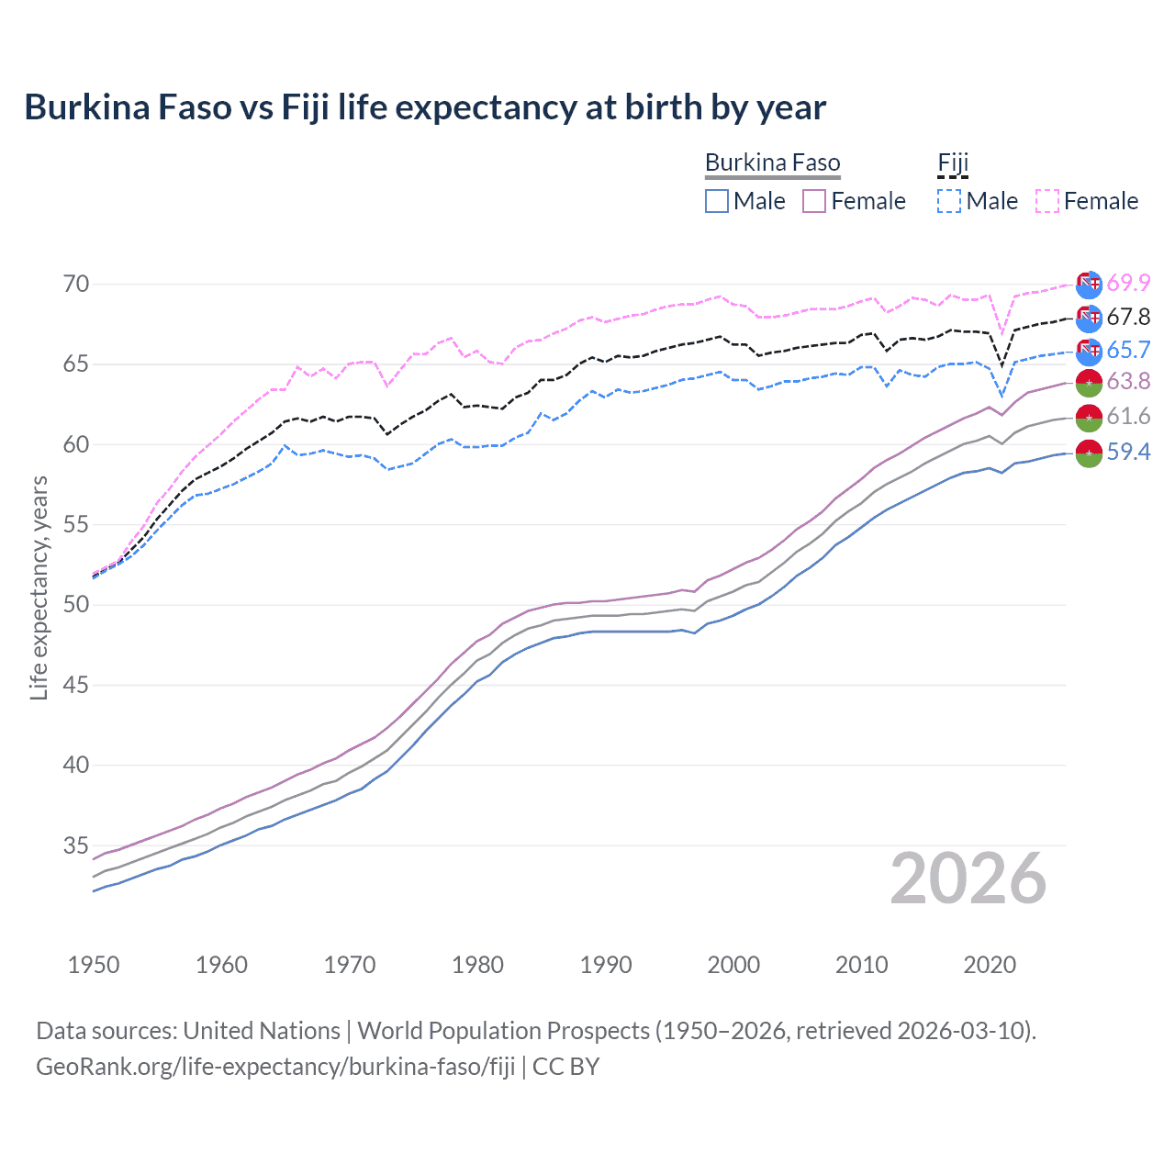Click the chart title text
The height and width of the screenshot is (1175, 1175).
[425, 106]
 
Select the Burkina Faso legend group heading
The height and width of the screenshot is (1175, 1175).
[772, 162]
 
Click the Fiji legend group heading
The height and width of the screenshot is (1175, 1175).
[953, 162]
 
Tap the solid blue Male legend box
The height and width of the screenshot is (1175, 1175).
[717, 201]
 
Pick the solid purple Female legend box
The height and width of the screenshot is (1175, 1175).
[814, 201]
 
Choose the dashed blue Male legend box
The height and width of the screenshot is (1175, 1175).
[949, 201]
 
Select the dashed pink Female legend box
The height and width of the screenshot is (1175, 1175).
[1047, 201]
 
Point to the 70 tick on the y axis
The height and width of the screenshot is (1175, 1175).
[76, 284]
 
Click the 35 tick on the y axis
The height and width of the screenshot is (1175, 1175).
[76, 845]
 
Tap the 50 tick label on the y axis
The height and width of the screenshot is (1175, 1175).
[76, 605]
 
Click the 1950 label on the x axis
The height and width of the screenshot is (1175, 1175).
[94, 965]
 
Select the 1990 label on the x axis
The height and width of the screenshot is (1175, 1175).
[606, 965]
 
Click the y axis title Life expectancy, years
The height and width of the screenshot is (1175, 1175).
[39, 587]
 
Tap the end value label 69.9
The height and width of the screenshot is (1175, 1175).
[1128, 284]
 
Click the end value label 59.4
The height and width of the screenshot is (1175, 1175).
[1128, 452]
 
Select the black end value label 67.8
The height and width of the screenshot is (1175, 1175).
[1128, 318]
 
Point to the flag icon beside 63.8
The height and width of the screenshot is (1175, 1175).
[1089, 383]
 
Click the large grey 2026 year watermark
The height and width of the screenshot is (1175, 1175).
[968, 879]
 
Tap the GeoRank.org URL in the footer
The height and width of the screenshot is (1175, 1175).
[275, 1067]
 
